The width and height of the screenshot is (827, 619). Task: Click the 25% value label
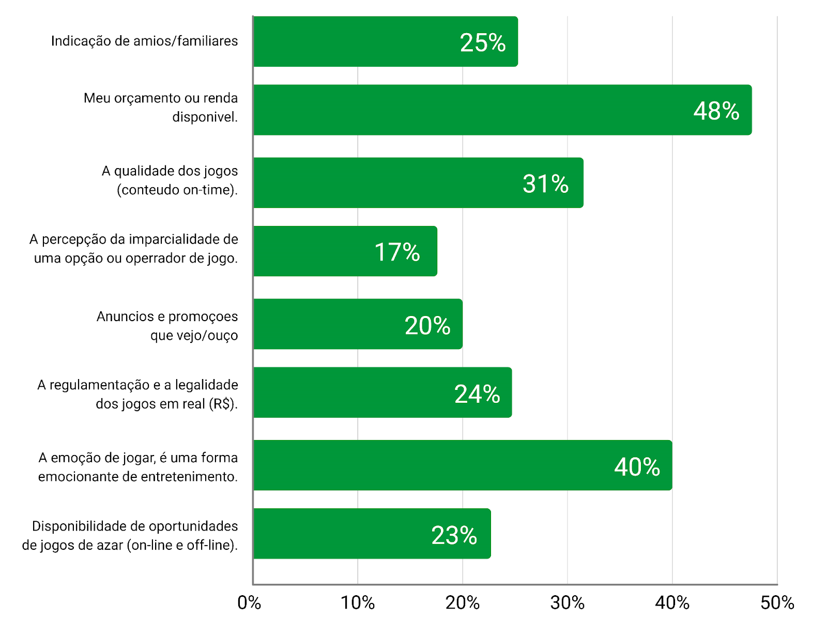click(x=483, y=42)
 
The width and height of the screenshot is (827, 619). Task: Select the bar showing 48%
click(x=502, y=110)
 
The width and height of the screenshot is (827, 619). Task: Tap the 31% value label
click(x=545, y=184)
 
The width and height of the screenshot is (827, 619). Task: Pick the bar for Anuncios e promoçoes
click(x=358, y=324)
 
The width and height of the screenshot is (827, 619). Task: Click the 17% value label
click(x=397, y=252)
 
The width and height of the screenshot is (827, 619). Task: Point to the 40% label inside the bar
click(x=637, y=467)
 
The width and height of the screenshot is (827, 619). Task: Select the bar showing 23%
click(x=372, y=534)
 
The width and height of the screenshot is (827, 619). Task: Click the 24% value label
click(x=477, y=394)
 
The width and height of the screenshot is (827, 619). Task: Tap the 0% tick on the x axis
click(x=249, y=603)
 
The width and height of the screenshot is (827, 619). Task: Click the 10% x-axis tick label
click(x=358, y=603)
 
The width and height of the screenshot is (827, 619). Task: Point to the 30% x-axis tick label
click(x=568, y=603)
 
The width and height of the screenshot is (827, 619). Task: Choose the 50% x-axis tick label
click(x=777, y=603)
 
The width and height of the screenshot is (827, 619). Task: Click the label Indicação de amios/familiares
click(x=144, y=41)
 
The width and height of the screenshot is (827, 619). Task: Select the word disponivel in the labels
click(x=205, y=117)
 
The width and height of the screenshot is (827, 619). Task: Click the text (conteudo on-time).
click(x=177, y=190)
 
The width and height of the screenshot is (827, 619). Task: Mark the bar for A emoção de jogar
click(x=463, y=465)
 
